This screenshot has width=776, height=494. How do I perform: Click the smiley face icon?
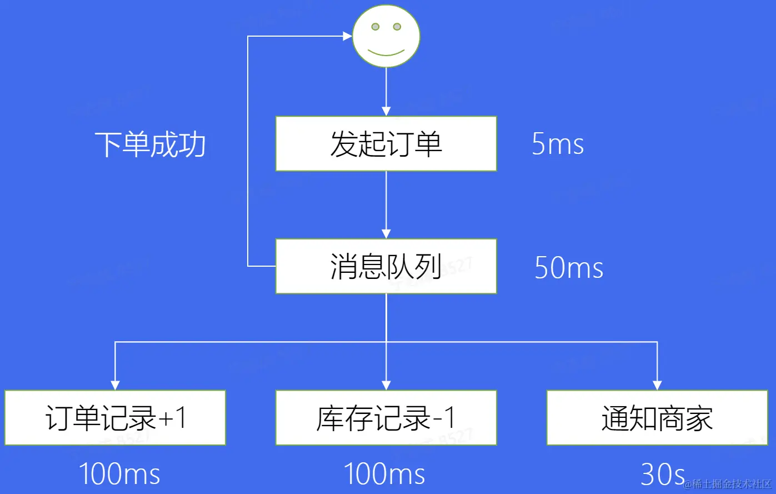[x=386, y=37]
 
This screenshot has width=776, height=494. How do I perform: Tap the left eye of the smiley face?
[x=376, y=27]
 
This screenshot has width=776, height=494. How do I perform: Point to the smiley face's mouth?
[x=386, y=53]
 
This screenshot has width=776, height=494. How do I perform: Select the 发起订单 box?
[x=386, y=143]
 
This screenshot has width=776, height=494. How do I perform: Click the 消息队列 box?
[x=386, y=266]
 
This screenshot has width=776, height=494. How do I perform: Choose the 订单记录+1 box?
[x=115, y=418]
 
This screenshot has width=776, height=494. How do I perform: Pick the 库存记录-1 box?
[x=386, y=418]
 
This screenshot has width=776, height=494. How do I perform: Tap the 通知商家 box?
[x=657, y=418]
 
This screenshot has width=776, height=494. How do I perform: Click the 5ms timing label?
[x=558, y=144]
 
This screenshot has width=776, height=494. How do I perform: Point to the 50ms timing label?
[x=569, y=267]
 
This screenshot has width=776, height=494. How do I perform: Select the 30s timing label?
[x=663, y=474]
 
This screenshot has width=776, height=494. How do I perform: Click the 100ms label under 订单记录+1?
[x=119, y=474]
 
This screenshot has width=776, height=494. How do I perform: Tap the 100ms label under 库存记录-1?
[x=384, y=474]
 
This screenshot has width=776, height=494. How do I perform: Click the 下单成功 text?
[x=150, y=144]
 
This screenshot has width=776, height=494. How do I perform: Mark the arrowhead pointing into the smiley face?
[x=348, y=37]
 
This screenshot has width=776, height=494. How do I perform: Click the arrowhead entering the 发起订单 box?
[x=386, y=111]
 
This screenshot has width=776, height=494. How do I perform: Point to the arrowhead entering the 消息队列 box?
[x=386, y=234]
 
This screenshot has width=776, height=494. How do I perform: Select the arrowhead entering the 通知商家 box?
[x=657, y=385]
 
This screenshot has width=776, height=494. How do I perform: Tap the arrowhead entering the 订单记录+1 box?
[x=115, y=385]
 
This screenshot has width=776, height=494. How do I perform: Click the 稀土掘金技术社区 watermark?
[x=727, y=484]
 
